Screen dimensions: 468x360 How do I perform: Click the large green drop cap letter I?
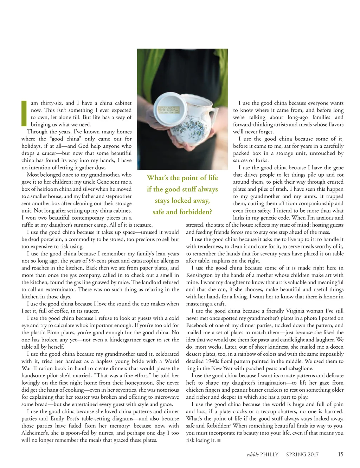pyautogui.click(x=24, y=113)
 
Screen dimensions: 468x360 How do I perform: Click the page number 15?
pyautogui.click(x=340, y=454)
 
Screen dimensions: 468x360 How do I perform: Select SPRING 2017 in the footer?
pyautogui.click(x=302, y=455)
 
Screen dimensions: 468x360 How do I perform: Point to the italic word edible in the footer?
pyautogui.click(x=252, y=455)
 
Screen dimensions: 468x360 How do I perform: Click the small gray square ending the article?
pyautogui.click(x=219, y=440)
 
